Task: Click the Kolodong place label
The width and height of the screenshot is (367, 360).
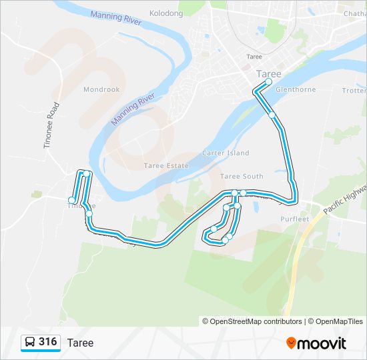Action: click(x=166, y=13)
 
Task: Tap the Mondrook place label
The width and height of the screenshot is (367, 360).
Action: click(x=101, y=89)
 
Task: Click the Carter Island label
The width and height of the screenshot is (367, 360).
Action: click(x=226, y=153)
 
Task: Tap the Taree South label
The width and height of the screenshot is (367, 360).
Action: click(x=242, y=176)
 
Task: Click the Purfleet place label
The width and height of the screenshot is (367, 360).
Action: click(x=296, y=219)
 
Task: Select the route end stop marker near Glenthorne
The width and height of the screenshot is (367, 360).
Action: click(x=268, y=82)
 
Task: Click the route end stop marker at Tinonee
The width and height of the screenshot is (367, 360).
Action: click(x=71, y=200)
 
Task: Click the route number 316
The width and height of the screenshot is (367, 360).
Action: click(x=47, y=342)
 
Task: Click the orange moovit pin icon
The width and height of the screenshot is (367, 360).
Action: click(x=291, y=343)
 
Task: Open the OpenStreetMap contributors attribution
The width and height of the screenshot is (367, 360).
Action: click(x=252, y=321)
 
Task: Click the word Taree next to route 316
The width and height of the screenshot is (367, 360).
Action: click(x=80, y=343)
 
